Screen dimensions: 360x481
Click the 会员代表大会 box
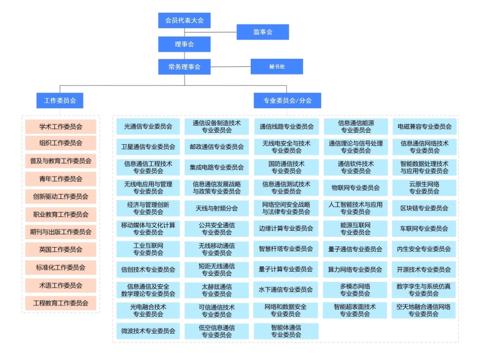coord(185,20)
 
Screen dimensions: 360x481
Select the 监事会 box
coord(262,32)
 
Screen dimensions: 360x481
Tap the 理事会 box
coord(185,44)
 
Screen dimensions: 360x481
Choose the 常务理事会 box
coord(185,66)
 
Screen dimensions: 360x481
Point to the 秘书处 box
coord(277,66)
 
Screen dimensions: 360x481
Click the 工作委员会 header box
coord(60,100)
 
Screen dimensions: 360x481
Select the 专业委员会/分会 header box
coord(287,100)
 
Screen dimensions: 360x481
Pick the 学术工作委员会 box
coord(61,127)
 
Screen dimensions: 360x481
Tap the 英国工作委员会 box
coord(61,249)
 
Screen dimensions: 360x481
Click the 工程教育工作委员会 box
coord(61,303)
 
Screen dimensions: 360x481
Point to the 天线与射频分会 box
coord(216,208)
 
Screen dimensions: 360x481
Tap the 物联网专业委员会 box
coord(355,188)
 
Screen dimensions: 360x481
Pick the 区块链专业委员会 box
coord(424,208)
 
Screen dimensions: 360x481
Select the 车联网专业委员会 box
coord(424,228)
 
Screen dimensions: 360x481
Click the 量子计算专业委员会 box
coord(286,269)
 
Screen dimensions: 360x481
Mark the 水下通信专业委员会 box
coord(286,290)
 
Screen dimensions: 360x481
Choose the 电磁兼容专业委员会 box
coord(424,127)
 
